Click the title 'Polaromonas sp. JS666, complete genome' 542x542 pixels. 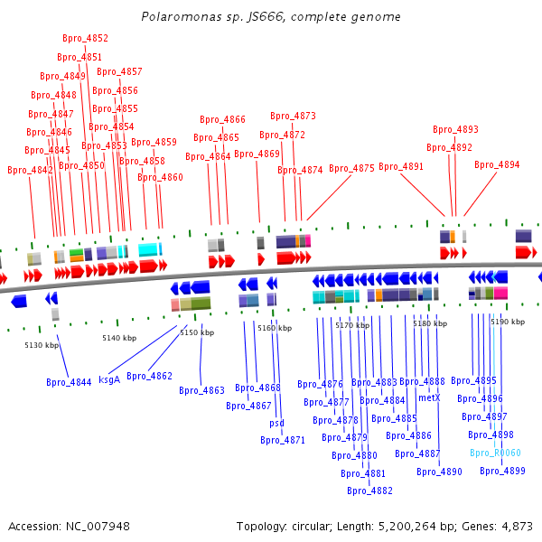pyautogui.click(x=271, y=16)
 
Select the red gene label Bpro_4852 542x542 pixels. pyautogui.click(x=86, y=38)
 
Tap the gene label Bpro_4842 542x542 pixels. pyautogui.click(x=30, y=170)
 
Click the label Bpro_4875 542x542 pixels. pyautogui.click(x=351, y=168)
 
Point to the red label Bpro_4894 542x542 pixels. pyautogui.click(x=497, y=164)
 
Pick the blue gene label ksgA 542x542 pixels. pyautogui.click(x=109, y=379)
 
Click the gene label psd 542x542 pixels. pyautogui.click(x=277, y=423)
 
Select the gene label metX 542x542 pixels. pyautogui.click(x=429, y=397)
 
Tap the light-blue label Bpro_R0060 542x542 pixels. pyautogui.click(x=495, y=453)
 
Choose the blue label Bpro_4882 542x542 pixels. pyautogui.click(x=369, y=491)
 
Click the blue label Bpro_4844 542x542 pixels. pyautogui.click(x=69, y=382)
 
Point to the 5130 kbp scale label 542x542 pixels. pyautogui.click(x=42, y=345)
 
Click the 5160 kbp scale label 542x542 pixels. pyautogui.click(x=275, y=328)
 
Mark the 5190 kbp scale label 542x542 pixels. pyautogui.click(x=508, y=322)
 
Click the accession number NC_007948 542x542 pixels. pyautogui.click(x=98, y=527)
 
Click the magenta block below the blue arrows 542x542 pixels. pyautogui.click(x=500, y=293)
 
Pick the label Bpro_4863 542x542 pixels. pyautogui.click(x=201, y=390)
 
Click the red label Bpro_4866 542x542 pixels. pyautogui.click(x=222, y=119)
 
